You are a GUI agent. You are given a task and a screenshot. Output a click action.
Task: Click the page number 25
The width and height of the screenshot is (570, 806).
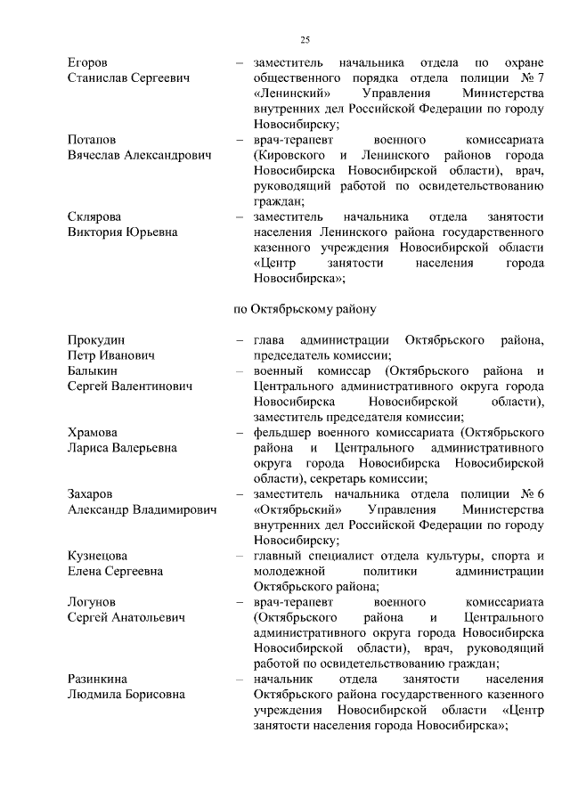tap(304, 40)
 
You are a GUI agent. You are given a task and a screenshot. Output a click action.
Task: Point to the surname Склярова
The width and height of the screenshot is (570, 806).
tap(96, 217)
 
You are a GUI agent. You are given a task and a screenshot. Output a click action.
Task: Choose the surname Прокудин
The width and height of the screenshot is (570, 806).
tap(97, 340)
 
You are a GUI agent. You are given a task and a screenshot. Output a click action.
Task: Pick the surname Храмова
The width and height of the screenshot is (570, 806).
tap(94, 433)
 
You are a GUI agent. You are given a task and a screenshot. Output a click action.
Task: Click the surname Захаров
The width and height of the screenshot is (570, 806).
tap(93, 494)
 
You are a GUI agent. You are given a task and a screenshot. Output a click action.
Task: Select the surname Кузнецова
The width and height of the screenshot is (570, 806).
tap(98, 556)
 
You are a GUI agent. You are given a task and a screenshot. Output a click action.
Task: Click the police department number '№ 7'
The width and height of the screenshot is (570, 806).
tap(532, 78)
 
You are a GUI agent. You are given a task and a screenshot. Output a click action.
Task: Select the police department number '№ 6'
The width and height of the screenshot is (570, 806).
tap(531, 494)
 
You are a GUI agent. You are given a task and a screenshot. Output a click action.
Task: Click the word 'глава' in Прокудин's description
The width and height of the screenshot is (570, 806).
tap(270, 340)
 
